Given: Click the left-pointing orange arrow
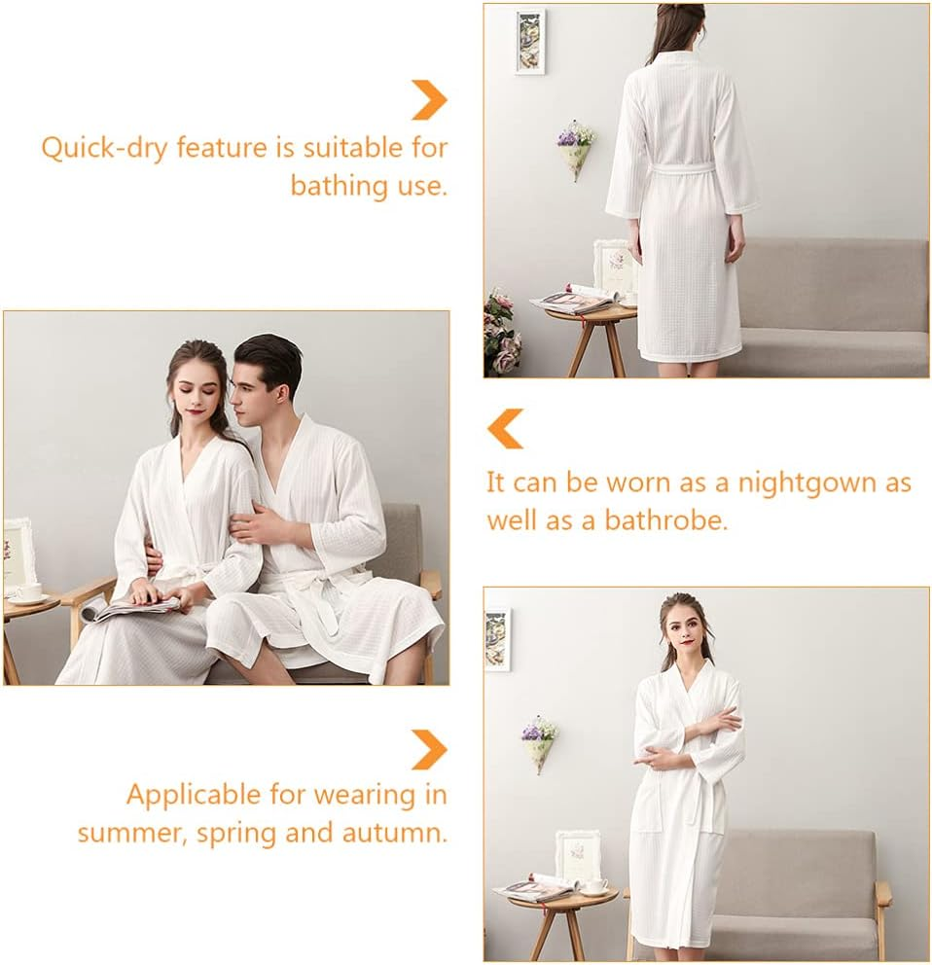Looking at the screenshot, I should [x=505, y=429].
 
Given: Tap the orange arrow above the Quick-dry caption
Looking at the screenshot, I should [x=428, y=99].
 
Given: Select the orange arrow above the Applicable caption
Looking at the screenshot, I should [x=428, y=749].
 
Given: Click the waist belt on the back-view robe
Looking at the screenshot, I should [x=681, y=170].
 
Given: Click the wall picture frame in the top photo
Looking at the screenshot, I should [x=529, y=41].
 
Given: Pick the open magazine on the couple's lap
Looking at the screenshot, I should [x=136, y=607].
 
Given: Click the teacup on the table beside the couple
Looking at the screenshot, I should [x=26, y=592].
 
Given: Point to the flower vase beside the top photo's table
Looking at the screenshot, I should [x=501, y=336].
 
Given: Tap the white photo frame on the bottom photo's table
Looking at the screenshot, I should [x=578, y=856].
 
